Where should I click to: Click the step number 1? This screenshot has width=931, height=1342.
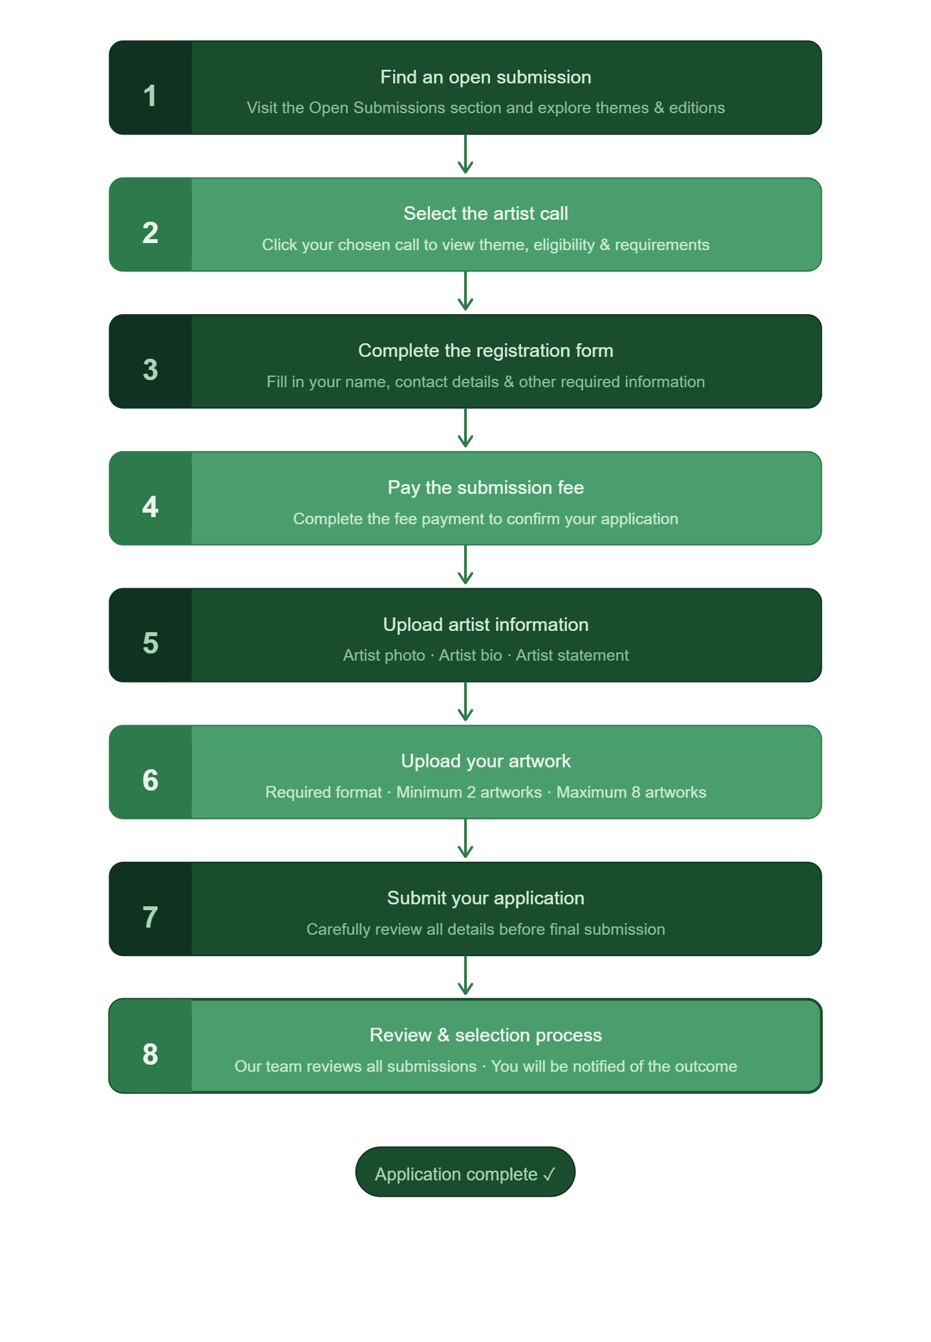150,96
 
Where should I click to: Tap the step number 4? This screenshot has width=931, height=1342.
150,507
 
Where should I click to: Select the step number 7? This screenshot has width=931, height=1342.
150,917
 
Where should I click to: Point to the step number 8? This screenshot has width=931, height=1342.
150,1054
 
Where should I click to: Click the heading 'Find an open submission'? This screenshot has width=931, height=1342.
486,78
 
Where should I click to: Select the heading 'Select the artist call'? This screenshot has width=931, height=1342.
486,214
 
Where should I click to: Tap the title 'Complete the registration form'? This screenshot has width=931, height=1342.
486,351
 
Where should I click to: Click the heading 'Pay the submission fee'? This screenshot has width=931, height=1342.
486,487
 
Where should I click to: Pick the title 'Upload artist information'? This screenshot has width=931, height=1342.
486,624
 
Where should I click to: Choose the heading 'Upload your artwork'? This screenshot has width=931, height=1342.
486,762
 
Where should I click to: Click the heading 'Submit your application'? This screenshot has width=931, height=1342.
486,899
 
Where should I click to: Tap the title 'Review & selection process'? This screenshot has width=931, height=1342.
486,1036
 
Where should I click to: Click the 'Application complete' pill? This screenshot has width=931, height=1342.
465,1172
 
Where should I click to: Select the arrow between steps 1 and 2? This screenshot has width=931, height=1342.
465,154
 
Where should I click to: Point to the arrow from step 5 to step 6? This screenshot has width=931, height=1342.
465,702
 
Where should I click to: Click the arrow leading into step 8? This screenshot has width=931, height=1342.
465,975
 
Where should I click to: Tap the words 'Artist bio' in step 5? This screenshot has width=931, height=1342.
471,655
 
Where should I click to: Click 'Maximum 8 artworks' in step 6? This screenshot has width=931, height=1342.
631,793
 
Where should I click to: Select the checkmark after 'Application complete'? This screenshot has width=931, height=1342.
549,1174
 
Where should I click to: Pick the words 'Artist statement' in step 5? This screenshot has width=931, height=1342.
572,655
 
